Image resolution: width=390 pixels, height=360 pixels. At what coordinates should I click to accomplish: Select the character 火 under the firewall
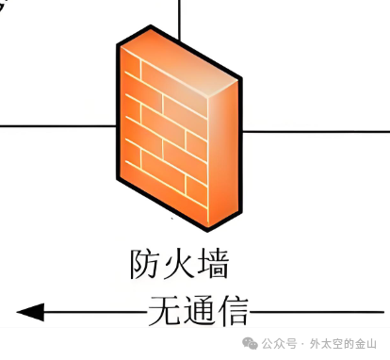coord(178,264)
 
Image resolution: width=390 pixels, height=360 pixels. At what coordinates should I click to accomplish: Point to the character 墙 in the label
coord(211,264)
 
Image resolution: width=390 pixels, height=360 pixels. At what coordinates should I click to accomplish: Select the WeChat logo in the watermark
coord(249,344)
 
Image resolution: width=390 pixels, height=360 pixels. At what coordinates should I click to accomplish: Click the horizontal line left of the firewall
coord(57,124)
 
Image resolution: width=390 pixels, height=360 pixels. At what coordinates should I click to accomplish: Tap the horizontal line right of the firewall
coord(316,132)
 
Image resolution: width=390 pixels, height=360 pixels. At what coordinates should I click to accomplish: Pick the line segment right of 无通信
coord(316,310)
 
